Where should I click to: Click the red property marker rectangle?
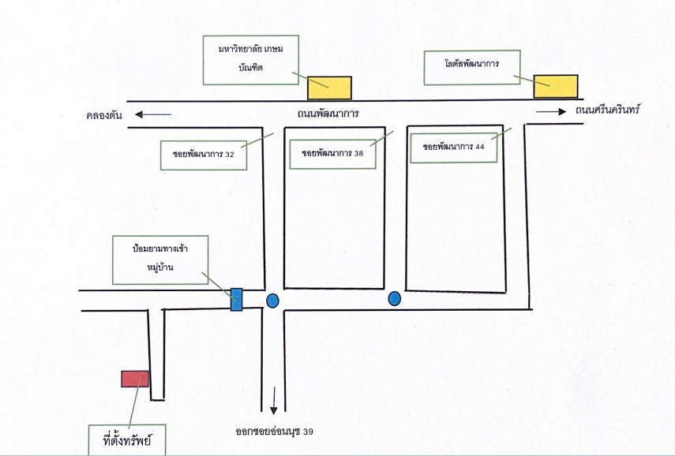135,379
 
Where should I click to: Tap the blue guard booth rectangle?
236,300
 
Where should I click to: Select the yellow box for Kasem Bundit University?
329,88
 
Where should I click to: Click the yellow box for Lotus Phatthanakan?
556,86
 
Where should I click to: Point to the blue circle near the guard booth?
272,301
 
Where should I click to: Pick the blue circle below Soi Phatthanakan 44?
394,298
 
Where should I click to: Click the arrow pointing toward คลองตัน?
153,114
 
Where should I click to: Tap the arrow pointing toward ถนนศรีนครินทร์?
551,112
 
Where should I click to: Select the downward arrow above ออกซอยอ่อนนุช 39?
273,401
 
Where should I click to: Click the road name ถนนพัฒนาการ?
328,114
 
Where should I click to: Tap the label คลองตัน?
104,115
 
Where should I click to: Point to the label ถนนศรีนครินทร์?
608,110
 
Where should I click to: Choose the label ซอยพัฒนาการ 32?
204,155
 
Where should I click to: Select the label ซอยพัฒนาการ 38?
332,153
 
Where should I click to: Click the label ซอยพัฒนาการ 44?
454,147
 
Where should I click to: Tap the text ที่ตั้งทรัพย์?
127,440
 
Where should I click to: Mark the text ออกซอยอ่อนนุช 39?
274,432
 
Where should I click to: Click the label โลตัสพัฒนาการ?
472,64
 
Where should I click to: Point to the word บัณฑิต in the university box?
250,68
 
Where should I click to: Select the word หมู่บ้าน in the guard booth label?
159,267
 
